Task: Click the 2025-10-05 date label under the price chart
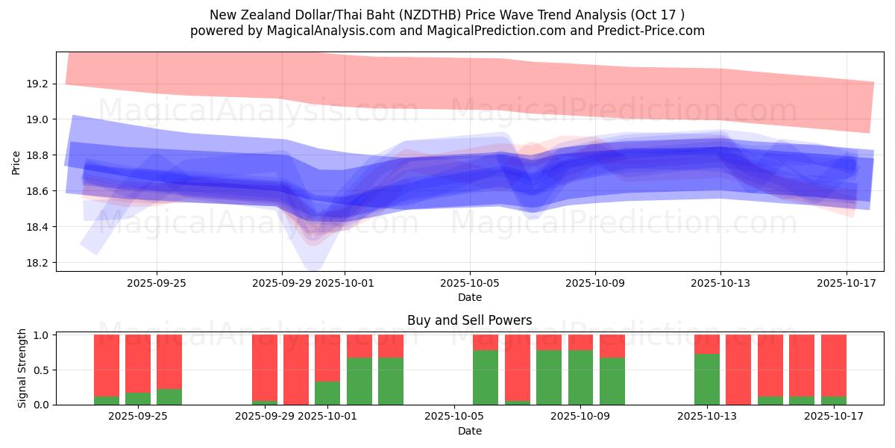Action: coord(470,283)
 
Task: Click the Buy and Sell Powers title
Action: coord(470,320)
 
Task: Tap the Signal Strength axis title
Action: coord(22,368)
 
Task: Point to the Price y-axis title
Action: coord(16,162)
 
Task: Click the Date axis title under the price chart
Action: coord(470,297)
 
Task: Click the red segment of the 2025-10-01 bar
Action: coord(327,358)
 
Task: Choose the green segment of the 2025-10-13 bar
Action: coord(707,379)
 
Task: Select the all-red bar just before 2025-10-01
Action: coord(296,370)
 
